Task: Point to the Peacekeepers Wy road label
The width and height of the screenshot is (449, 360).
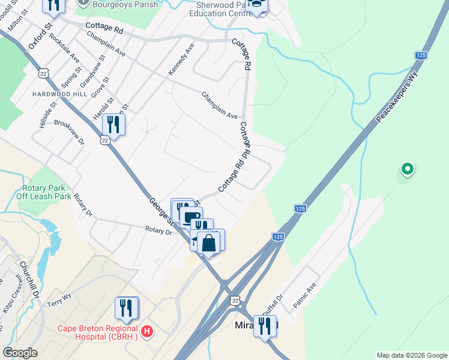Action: click(396, 96)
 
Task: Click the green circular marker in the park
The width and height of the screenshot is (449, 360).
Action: click(407, 170)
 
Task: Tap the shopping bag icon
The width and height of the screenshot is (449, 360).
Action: click(209, 243)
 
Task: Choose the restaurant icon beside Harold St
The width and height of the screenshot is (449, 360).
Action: click(112, 125)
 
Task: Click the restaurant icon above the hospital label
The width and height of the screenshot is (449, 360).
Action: click(126, 308)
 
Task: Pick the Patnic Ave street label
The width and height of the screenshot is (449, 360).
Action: click(304, 294)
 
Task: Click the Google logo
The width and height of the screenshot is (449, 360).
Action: click(20, 353)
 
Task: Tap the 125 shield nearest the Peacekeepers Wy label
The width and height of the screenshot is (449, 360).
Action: click(420, 55)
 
